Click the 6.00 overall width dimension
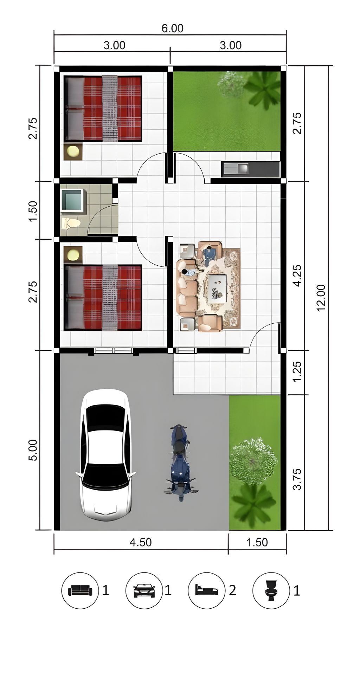point(172,28)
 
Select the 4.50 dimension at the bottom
point(141,542)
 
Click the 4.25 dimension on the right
point(297,276)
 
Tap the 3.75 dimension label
point(297,479)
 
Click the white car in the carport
point(105,455)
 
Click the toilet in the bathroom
point(71,222)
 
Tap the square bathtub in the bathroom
point(73,201)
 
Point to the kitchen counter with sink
point(251,169)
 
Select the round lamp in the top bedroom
point(73,151)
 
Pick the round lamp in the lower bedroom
point(73,255)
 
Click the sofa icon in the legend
point(80,590)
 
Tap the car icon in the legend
point(144,590)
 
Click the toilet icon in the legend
point(271,590)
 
